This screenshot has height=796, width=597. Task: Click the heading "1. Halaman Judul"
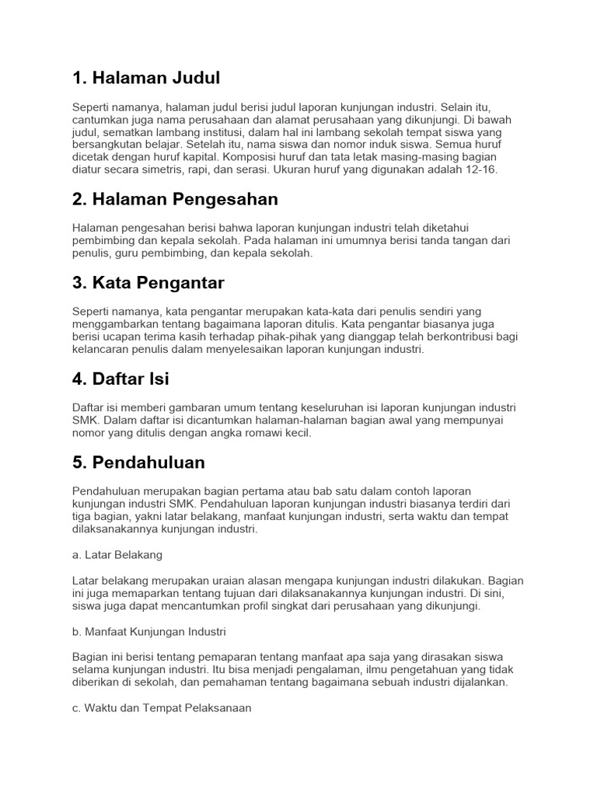[146, 78]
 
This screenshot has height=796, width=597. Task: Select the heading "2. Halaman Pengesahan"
[175, 199]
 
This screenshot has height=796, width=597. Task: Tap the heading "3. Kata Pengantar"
[148, 283]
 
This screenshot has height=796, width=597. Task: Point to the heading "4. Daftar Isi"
[120, 379]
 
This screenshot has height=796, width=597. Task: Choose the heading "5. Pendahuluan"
[138, 463]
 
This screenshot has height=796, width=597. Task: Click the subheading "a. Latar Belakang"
[117, 555]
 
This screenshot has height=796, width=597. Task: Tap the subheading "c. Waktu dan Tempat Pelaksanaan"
[162, 708]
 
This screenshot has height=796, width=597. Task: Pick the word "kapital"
[203, 157]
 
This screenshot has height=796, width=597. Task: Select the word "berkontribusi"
[460, 337]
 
